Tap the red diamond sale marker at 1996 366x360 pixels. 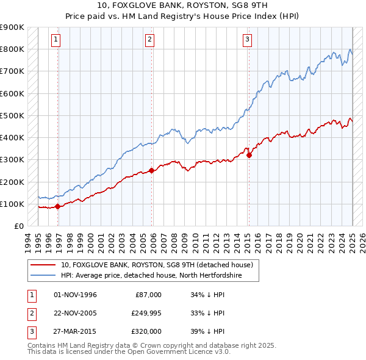57,206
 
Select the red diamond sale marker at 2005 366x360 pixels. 152,171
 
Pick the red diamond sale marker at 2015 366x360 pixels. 249,155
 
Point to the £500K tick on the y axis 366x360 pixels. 13,115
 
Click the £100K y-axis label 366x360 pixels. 13,204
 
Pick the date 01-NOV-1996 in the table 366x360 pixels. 75,295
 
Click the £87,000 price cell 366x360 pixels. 146,295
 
